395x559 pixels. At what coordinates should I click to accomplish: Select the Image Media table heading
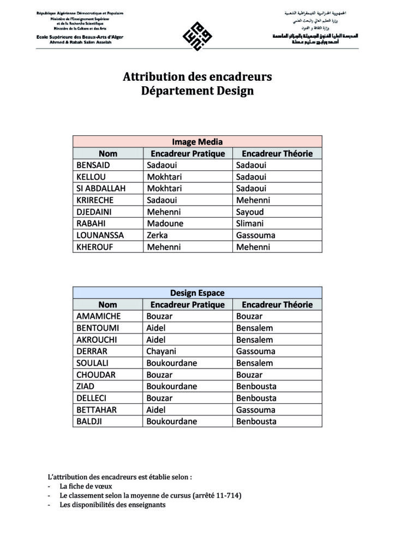tap(197, 142)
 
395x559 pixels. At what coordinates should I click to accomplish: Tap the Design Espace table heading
tap(197, 293)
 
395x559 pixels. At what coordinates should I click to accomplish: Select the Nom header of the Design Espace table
tap(107, 305)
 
